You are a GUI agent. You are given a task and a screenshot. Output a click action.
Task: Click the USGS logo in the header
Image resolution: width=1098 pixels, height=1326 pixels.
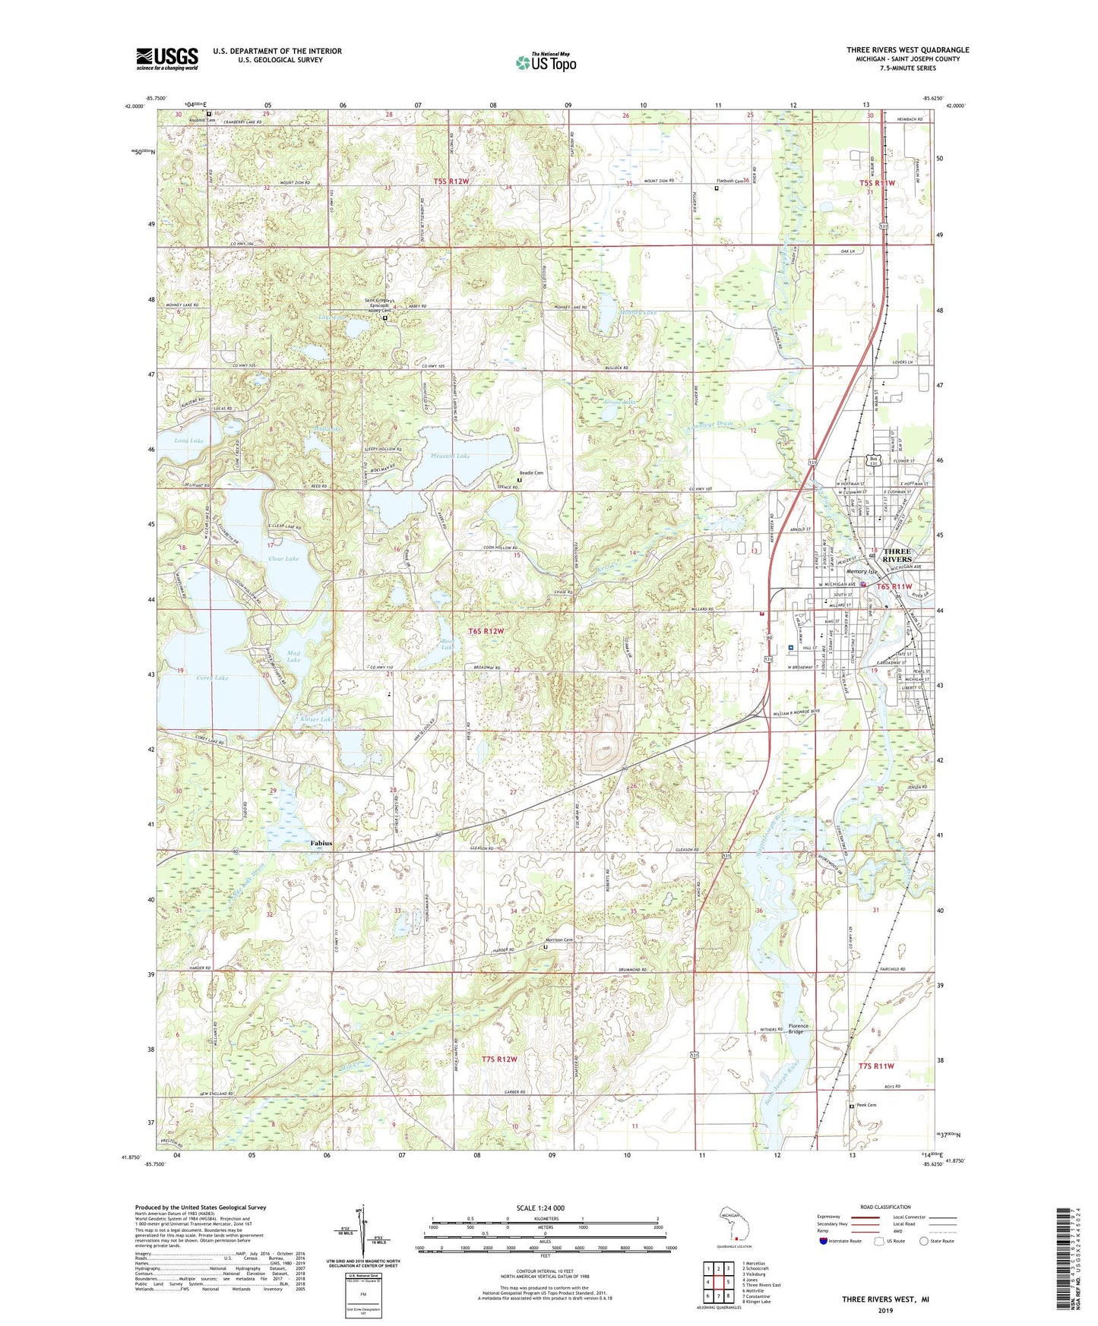tap(167, 58)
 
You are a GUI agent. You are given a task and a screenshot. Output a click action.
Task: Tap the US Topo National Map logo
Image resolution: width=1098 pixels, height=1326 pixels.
tap(546, 62)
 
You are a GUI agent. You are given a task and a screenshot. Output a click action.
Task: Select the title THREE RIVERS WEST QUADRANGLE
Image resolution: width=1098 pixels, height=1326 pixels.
tap(907, 50)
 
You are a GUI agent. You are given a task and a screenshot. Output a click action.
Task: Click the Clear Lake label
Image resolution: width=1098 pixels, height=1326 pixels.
tap(283, 558)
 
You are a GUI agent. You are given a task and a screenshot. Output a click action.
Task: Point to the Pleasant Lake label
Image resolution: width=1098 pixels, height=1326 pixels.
tap(451, 456)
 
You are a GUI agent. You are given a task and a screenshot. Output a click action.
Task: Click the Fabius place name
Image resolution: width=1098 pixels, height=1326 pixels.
tap(320, 843)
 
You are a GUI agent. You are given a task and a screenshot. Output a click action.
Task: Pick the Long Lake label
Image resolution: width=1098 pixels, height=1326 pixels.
tap(188, 440)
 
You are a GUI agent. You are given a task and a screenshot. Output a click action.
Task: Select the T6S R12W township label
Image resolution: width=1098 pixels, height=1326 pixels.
tap(486, 631)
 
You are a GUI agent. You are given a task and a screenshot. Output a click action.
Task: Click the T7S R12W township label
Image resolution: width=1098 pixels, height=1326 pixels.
tap(499, 1059)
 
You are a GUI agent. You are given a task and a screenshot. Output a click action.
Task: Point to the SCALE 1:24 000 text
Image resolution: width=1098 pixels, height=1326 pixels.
tap(540, 1208)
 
